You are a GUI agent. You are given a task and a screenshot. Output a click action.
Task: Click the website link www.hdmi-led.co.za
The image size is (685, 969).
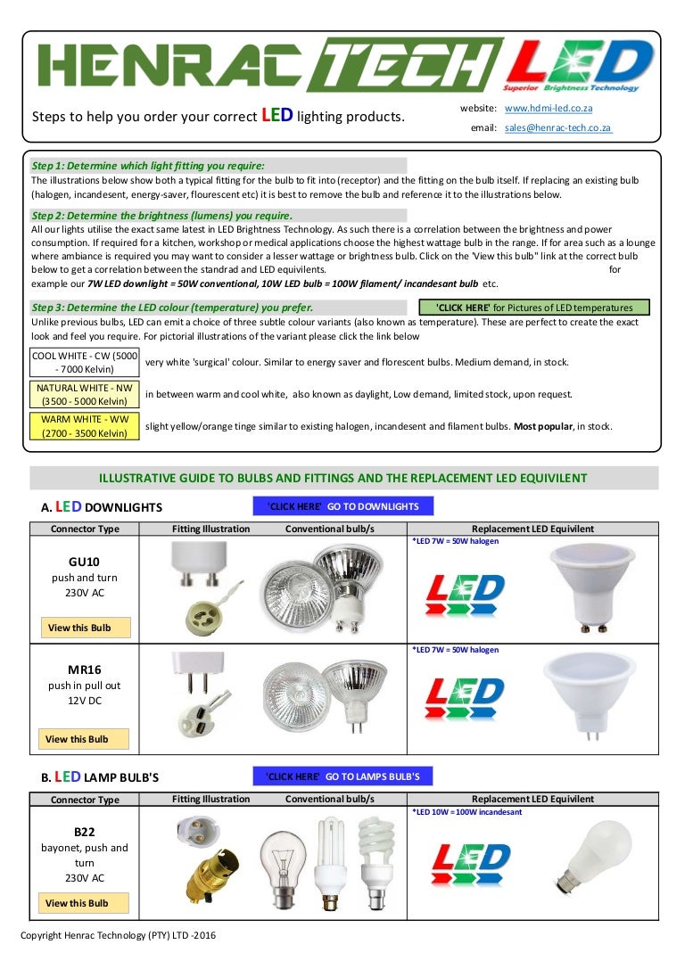pos(548,108)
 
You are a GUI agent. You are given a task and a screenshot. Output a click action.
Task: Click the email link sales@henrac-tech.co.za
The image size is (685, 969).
pos(557,127)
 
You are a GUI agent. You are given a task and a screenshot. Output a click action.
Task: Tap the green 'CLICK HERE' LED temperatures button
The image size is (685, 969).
pos(534,308)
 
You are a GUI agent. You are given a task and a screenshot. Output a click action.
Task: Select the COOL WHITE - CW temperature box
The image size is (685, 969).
pos(84,362)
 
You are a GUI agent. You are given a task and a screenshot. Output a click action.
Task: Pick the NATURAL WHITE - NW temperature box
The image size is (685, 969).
pos(84,394)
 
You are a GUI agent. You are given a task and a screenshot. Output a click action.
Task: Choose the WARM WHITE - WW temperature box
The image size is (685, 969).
pos(84,426)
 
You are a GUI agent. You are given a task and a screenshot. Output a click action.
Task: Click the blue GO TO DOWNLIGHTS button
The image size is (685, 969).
pos(343,506)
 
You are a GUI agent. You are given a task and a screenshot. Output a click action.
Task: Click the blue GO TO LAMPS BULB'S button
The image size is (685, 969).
pos(343,776)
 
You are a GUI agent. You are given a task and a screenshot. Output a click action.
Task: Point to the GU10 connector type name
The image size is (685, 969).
pos(84,563)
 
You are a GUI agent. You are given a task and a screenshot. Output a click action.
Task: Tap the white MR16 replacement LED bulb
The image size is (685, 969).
pos(590,695)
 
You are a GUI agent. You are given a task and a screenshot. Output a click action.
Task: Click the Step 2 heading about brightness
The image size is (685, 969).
pos(161,215)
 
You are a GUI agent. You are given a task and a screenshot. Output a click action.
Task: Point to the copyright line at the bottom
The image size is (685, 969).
pos(118,935)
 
